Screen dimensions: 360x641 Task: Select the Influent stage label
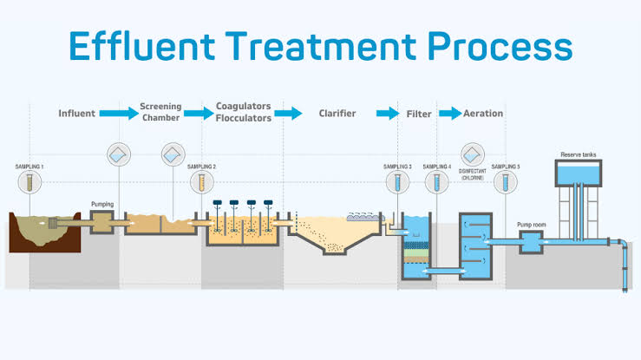[x=76, y=114]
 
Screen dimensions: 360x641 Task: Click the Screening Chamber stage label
[x=160, y=113]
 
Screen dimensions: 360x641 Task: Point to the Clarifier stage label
[x=337, y=114]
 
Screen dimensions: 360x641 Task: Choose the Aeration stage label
[x=483, y=114]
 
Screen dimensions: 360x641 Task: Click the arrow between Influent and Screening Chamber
[x=118, y=114]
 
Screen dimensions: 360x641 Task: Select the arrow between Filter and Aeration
[x=449, y=114]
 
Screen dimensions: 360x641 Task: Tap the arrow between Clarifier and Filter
[x=387, y=114]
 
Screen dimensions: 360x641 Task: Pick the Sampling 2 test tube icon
[x=202, y=182]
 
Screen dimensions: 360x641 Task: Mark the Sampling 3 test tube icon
[x=397, y=182]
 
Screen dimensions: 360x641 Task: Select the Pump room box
[x=531, y=244]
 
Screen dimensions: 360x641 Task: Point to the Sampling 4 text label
[x=436, y=166]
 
